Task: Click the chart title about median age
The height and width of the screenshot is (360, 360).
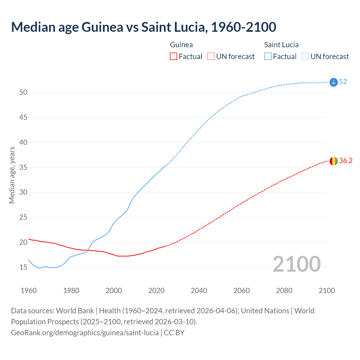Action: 143,27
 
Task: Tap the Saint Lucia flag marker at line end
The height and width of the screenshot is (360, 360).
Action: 333,82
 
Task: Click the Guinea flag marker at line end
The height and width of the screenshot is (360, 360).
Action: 333,161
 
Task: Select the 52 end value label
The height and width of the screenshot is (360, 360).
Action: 343,82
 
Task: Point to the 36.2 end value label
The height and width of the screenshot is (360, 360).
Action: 346,161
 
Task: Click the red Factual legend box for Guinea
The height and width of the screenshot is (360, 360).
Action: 174,57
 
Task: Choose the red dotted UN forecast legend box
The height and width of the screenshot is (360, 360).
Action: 211,57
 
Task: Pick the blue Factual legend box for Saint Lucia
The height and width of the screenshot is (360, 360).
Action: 268,57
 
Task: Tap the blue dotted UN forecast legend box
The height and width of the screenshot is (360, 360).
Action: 305,57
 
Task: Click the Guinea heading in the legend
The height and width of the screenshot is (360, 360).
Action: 181,45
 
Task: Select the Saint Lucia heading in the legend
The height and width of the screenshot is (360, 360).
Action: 281,45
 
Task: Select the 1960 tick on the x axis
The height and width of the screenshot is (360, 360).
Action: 29,291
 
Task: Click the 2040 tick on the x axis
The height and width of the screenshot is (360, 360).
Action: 199,291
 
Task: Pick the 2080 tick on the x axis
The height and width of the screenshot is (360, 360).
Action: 284,291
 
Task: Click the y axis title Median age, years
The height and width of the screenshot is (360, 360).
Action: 12,175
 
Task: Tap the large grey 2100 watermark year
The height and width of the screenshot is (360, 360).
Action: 296,264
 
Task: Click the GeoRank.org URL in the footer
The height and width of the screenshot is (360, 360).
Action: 85,333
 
